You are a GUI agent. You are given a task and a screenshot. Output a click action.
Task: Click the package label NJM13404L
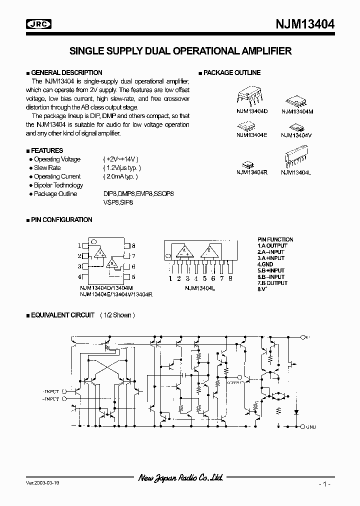click(296, 172)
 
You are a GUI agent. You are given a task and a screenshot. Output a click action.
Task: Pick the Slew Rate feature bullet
click(47, 168)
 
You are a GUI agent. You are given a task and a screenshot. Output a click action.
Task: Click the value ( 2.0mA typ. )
click(120, 176)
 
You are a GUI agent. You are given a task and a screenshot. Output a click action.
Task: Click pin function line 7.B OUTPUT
click(272, 283)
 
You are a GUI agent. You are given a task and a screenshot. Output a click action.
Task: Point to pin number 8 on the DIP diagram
click(133, 246)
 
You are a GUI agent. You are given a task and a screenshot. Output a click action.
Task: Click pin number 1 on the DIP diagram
click(79, 246)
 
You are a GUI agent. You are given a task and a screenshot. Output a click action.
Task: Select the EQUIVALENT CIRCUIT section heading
click(62, 315)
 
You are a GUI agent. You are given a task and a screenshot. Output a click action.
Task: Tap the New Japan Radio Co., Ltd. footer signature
click(180, 478)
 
